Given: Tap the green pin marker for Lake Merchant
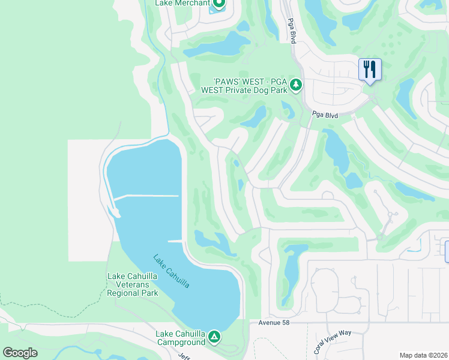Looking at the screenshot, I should (218, 5).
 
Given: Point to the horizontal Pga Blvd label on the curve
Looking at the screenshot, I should (325, 115).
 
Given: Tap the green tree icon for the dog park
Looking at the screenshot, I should (295, 86).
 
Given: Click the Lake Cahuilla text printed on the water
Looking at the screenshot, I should (171, 271).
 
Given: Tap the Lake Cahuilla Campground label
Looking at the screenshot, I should (181, 338).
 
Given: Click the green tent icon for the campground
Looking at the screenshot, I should (214, 338).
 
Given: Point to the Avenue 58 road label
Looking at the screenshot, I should (274, 323).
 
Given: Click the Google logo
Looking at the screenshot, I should (20, 353).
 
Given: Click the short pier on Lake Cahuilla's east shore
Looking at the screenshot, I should (175, 241).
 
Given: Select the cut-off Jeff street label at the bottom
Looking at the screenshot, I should (183, 355).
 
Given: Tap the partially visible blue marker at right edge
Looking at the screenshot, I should (447, 250).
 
